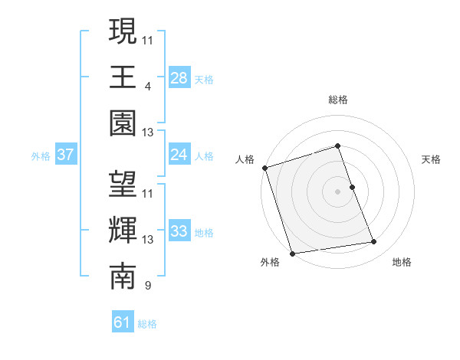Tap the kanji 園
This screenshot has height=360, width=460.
(x=123, y=124)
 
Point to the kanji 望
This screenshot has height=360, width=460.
(x=123, y=185)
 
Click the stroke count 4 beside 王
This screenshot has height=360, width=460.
(x=147, y=86)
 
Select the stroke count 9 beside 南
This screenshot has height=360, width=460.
(x=147, y=286)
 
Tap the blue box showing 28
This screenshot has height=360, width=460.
(x=179, y=78)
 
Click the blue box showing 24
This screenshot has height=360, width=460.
(x=179, y=155)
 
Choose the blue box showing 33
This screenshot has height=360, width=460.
(x=179, y=231)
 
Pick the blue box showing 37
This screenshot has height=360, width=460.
(x=66, y=155)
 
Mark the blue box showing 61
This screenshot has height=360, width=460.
(x=123, y=322)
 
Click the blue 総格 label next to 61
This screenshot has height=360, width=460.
(x=147, y=324)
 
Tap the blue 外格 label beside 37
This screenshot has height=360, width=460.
(x=41, y=156)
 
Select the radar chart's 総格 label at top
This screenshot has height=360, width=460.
(x=337, y=100)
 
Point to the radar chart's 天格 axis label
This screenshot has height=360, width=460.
(x=431, y=159)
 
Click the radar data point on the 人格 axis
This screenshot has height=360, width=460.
(x=264, y=168)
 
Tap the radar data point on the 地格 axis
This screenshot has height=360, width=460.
(x=374, y=242)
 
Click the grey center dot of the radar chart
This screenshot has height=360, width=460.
(x=337, y=191)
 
